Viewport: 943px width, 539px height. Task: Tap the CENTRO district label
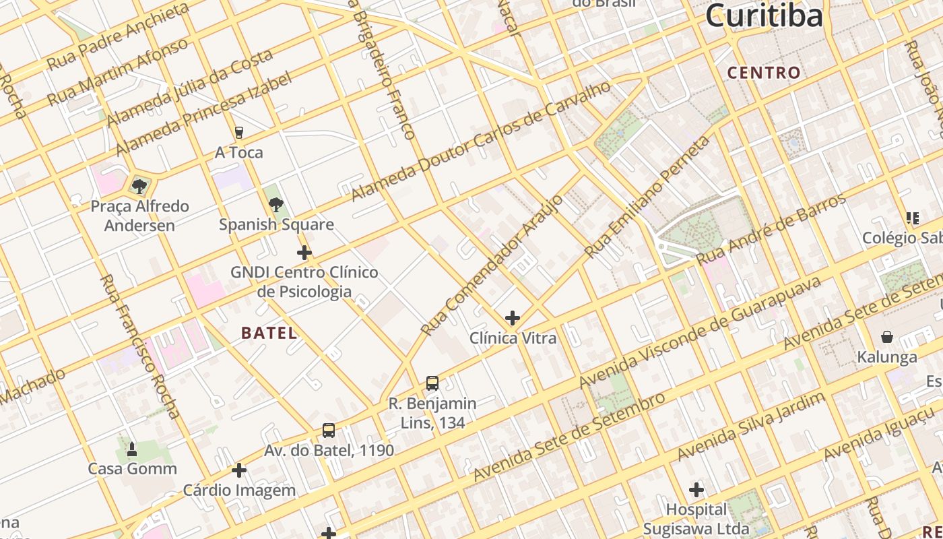764,73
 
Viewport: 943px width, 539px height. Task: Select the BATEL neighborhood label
269,333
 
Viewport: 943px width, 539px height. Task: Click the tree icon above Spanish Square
275,205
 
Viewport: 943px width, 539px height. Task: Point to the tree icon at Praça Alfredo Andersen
139,186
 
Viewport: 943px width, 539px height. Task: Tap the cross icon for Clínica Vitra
513,317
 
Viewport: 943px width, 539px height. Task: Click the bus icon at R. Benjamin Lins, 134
432,383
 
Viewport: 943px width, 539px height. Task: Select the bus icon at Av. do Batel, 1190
328,430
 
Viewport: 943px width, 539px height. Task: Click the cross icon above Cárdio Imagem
239,470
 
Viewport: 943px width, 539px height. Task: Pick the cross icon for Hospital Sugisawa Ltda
696,489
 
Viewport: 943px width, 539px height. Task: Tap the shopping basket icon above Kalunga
887,337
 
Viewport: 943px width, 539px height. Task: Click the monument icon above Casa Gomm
132,449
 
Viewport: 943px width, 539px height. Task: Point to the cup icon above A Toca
238,133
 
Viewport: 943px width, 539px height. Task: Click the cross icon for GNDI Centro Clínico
304,253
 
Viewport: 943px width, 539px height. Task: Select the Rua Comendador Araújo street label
492,265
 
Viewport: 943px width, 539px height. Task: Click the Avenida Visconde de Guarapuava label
701,332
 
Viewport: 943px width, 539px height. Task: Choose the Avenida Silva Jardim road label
751,426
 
